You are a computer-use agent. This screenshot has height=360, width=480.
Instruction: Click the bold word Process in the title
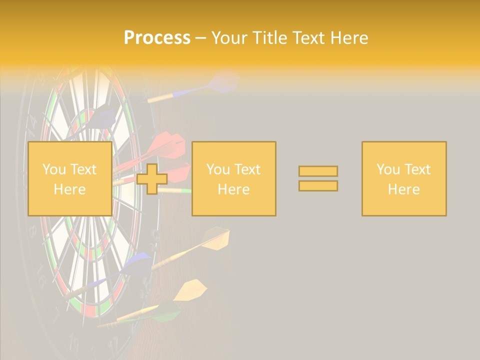(x=157, y=38)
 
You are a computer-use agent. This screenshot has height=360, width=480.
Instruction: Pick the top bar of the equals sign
(x=318, y=171)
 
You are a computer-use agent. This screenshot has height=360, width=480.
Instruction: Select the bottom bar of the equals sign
(x=318, y=186)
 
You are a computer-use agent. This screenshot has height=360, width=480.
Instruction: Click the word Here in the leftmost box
(x=69, y=189)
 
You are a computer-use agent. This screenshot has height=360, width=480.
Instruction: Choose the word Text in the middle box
(x=248, y=169)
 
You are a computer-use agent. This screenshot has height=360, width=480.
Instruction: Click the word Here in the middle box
(x=233, y=189)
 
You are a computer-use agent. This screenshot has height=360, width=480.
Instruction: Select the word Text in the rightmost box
(x=418, y=169)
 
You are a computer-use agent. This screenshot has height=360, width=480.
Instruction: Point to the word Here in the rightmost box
(x=403, y=189)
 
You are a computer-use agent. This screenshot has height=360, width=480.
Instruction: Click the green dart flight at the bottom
(x=166, y=313)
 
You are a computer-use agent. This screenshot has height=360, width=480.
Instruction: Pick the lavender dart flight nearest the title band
(x=223, y=81)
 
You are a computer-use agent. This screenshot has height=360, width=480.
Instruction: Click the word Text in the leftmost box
(x=84, y=169)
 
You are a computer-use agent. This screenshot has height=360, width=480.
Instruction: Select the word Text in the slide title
(x=309, y=38)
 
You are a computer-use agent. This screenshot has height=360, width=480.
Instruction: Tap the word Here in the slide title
(x=349, y=38)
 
